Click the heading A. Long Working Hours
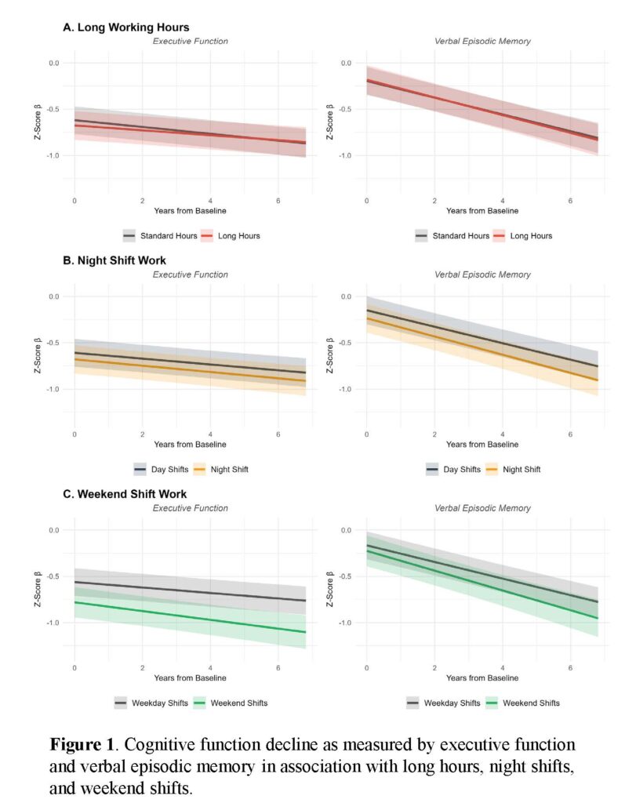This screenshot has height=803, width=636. [126, 27]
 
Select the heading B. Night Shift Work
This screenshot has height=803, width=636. [114, 260]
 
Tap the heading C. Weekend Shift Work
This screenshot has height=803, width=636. [125, 494]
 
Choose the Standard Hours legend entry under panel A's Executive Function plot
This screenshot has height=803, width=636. [160, 235]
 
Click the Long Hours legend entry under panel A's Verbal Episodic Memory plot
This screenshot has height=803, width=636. [522, 235]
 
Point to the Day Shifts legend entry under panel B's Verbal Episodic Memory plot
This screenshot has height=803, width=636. [453, 469]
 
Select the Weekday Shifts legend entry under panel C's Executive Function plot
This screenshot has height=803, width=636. [151, 703]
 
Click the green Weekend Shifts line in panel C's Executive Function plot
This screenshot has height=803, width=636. [190, 617]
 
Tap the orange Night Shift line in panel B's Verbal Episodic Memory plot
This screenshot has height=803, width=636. [482, 349]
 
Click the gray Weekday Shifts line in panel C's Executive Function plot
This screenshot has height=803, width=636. [190, 591]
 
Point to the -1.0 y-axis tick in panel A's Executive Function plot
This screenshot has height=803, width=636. [53, 155]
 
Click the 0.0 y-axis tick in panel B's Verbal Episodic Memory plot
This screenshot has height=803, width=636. [346, 296]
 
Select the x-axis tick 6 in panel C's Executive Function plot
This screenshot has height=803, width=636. [278, 668]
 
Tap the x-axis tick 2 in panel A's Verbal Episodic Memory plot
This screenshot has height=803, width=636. [434, 201]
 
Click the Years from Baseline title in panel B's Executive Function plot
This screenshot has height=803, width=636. [190, 444]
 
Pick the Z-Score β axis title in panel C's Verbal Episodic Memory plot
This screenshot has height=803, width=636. [329, 590]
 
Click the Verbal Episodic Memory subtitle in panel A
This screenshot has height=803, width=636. [482, 41]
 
